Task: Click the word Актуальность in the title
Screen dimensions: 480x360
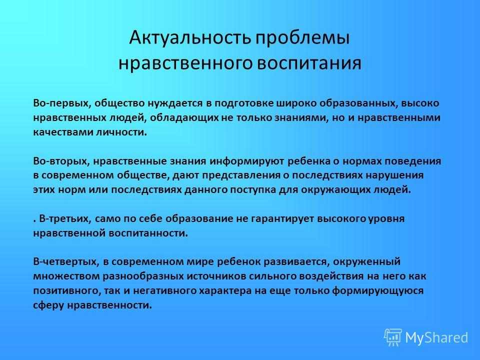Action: (x=190, y=38)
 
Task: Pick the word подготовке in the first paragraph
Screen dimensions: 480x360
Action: (x=243, y=103)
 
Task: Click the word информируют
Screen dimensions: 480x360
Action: (x=246, y=161)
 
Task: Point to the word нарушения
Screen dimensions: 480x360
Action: (x=395, y=175)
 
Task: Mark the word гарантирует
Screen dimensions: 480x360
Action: (x=282, y=219)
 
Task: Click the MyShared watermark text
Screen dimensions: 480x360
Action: (x=436, y=337)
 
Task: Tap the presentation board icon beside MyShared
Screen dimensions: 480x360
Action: (x=393, y=337)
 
